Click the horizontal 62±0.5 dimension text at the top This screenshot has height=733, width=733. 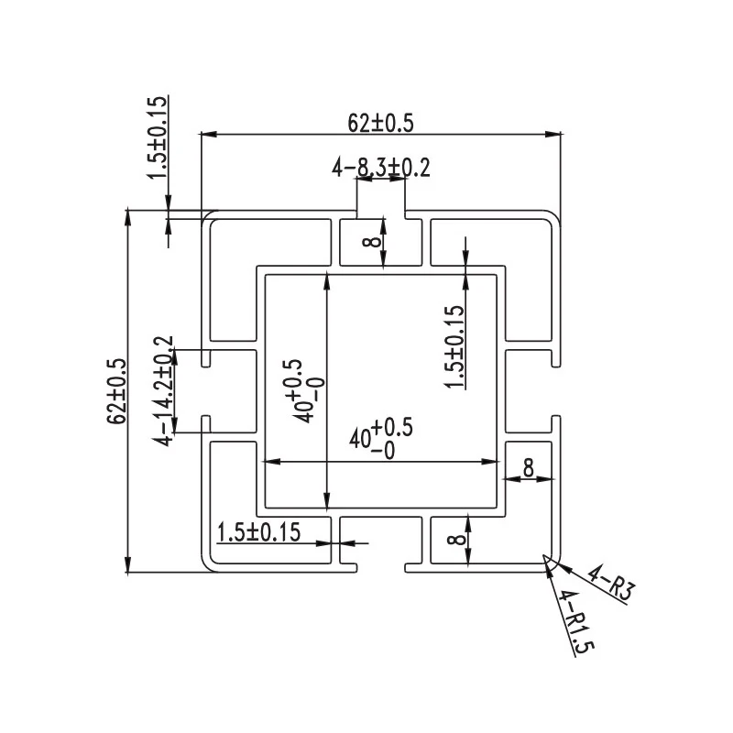380,124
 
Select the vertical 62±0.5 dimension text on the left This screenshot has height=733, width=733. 117,391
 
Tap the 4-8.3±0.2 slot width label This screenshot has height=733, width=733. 381,168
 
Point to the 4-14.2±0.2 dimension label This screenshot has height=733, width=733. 163,391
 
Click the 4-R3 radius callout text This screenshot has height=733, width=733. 611,582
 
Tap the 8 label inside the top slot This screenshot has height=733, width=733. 372,242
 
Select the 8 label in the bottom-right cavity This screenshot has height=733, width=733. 456,539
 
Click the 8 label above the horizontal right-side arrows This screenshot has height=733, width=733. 529,467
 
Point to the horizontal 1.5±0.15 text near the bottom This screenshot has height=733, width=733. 258,532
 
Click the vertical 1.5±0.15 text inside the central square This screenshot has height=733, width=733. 454,346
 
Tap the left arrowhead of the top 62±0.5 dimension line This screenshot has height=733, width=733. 209,134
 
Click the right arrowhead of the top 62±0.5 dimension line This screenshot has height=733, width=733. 553,134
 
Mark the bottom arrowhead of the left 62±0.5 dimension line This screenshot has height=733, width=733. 127,563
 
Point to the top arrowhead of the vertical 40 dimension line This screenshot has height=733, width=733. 327,282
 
